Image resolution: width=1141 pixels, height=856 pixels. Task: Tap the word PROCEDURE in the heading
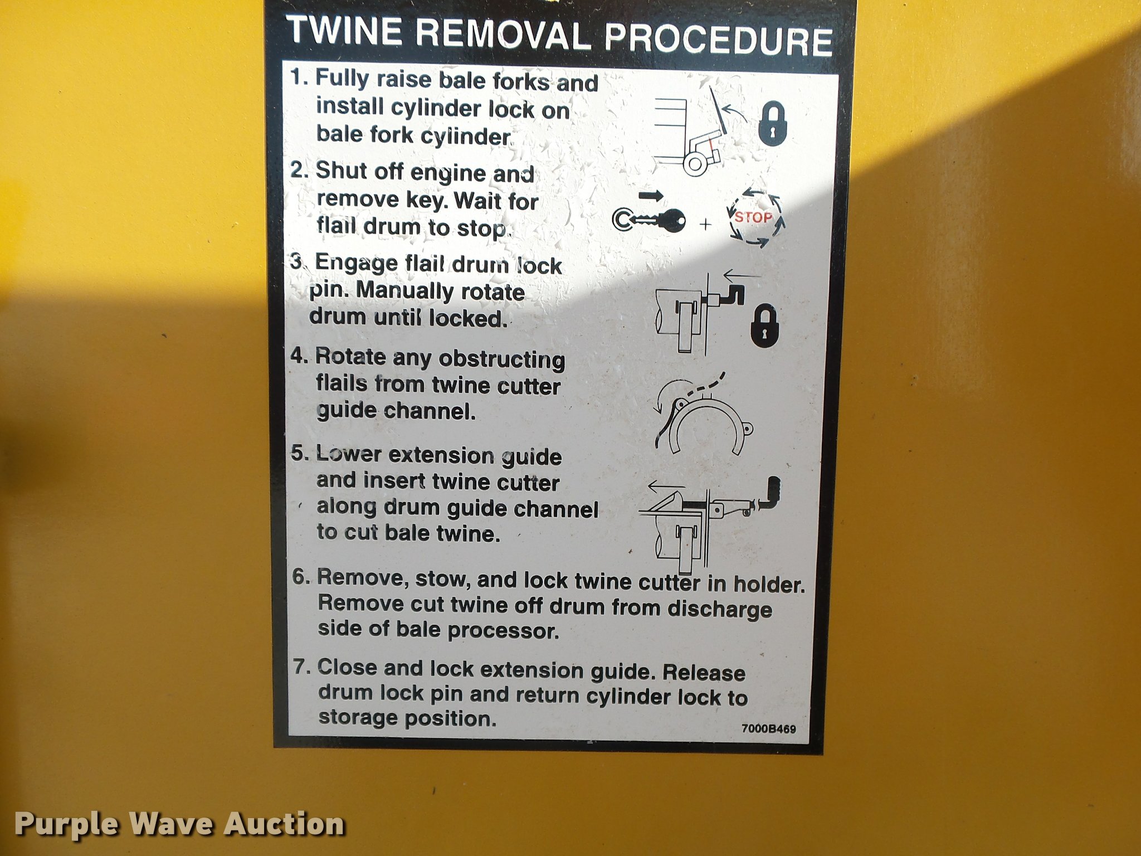tap(719, 39)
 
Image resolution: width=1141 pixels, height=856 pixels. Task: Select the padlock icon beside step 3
tap(764, 326)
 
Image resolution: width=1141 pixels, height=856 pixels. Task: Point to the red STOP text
tap(753, 217)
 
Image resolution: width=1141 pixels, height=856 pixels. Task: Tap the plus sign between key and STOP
tap(706, 224)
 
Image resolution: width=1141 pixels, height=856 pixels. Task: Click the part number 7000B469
tap(769, 728)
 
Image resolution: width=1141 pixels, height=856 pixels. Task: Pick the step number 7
tap(301, 667)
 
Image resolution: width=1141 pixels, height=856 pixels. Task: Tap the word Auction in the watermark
tap(284, 824)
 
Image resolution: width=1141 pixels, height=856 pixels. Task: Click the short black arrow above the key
tap(651, 196)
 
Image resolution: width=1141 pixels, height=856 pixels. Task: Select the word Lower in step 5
tap(349, 454)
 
